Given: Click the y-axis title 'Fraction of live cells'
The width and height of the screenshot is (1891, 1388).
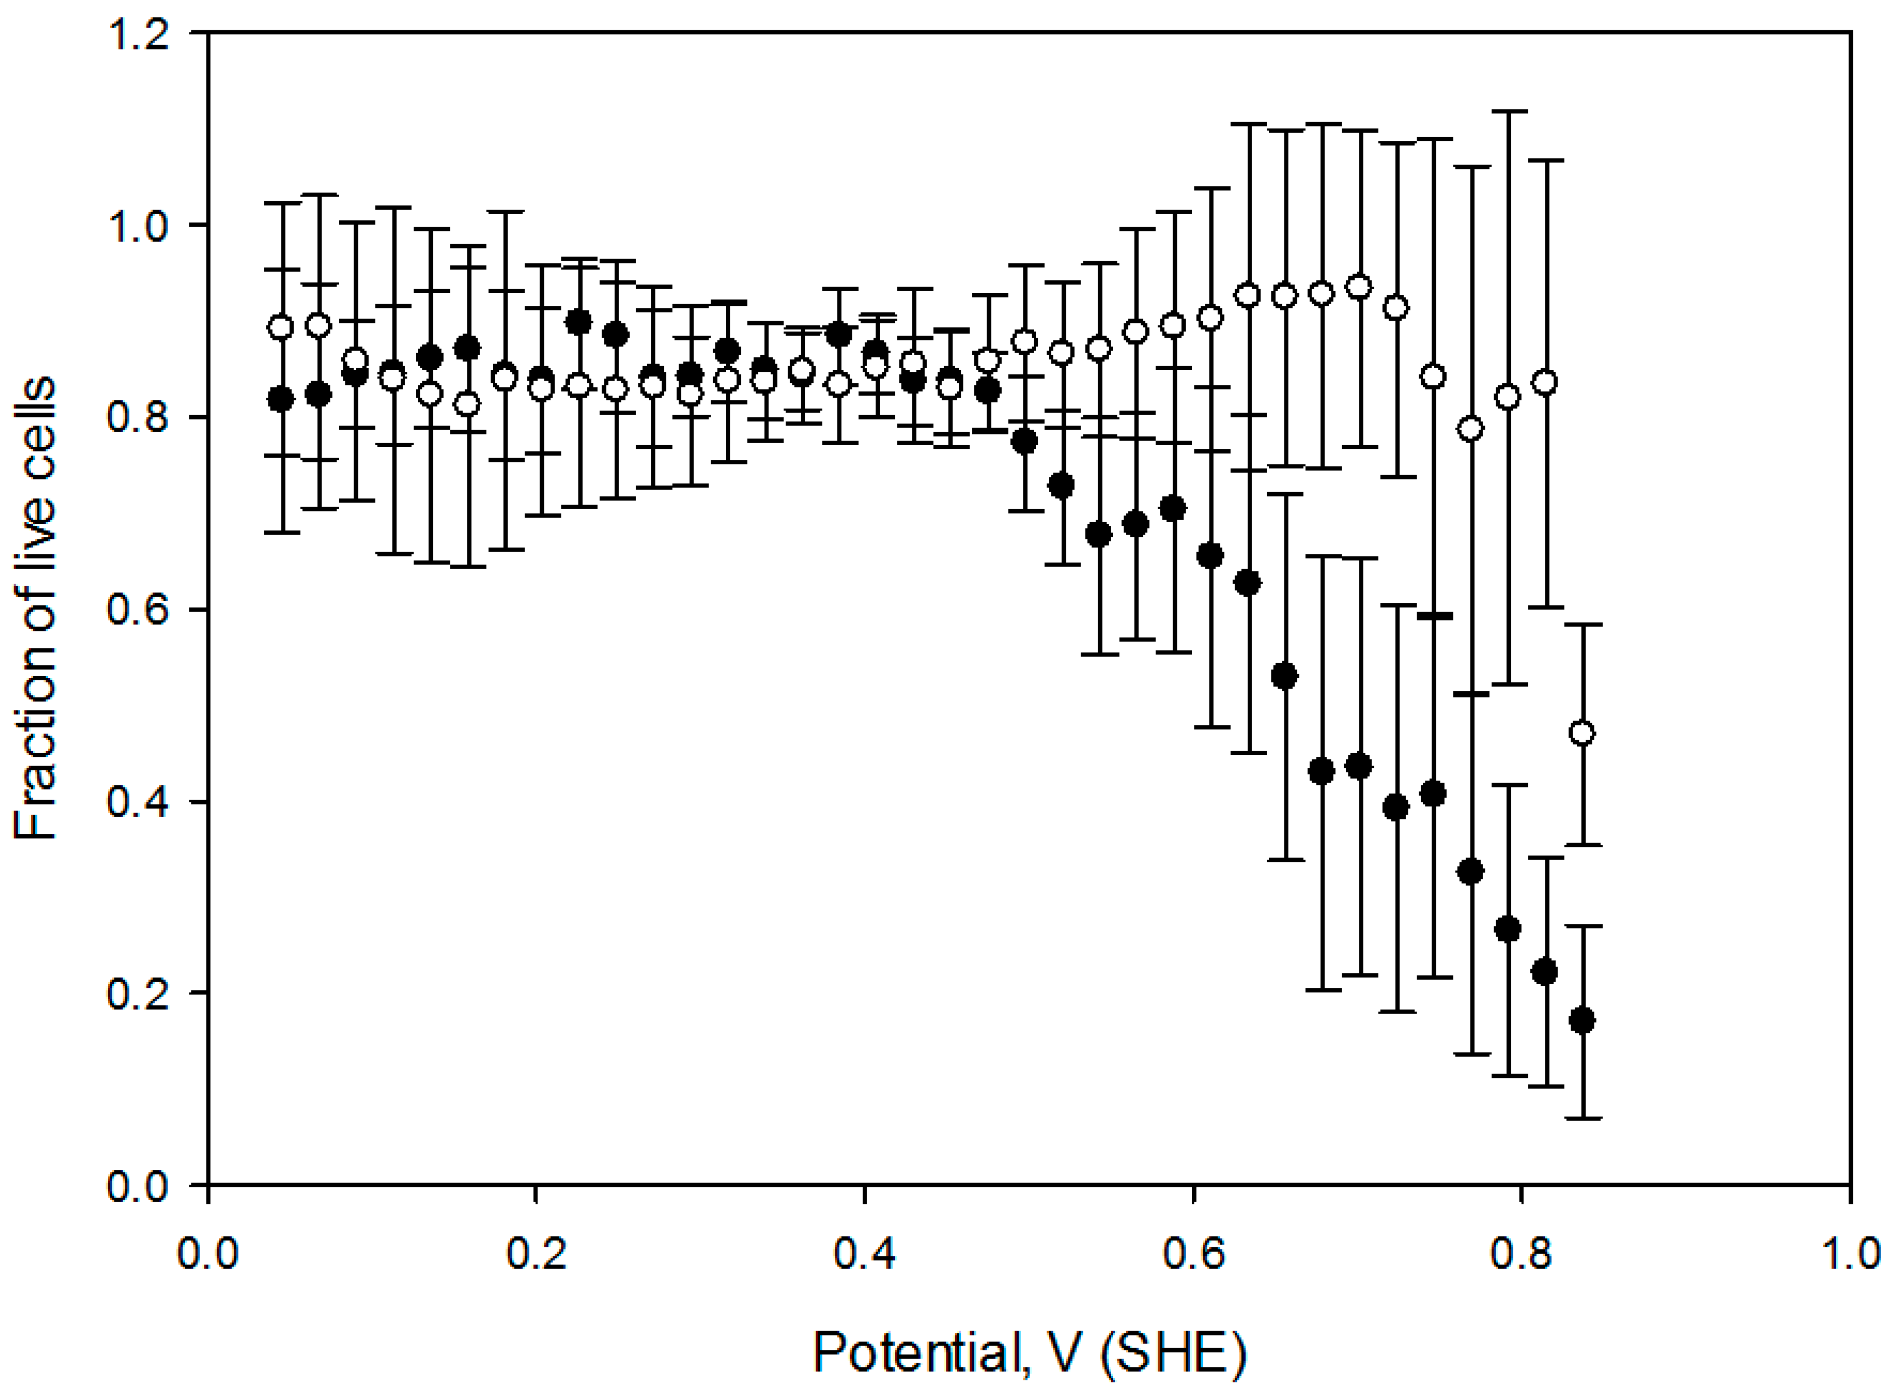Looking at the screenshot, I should coord(35,609).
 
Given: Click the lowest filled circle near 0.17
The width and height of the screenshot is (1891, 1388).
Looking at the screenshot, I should coord(1582,1021).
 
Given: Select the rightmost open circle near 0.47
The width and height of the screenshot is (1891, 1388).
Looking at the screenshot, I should coord(1582,733).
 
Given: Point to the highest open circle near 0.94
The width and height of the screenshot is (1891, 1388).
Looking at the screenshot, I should coord(1358,287).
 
